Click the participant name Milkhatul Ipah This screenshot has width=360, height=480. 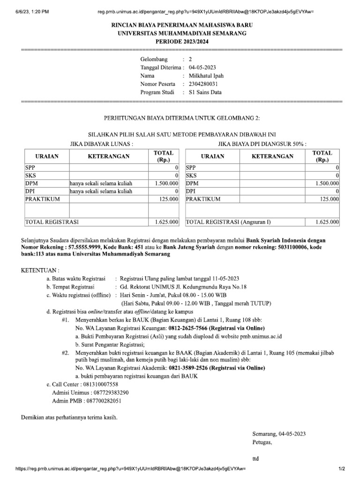tap(206, 75)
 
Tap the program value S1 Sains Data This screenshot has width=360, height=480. tap(205, 92)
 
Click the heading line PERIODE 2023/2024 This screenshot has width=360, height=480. tap(182, 42)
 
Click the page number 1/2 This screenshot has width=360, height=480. tap(342, 469)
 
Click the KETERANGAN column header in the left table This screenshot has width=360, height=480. tap(109, 157)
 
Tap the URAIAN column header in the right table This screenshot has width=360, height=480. tap(213, 157)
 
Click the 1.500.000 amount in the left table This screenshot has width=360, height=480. tap(166, 183)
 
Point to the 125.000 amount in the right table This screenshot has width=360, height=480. tap(329, 199)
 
